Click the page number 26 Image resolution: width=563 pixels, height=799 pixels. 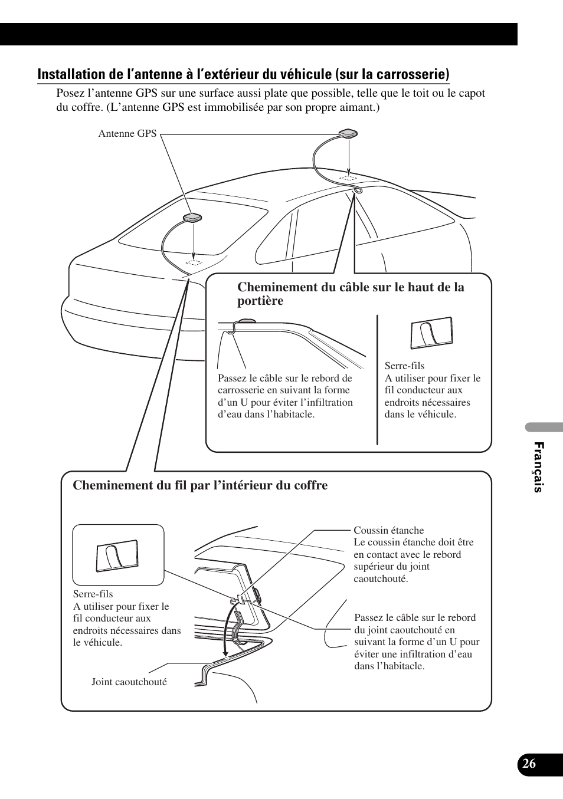pyautogui.click(x=529, y=763)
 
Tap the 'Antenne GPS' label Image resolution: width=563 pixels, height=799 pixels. pyautogui.click(x=127, y=134)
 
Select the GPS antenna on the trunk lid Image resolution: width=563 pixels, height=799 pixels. pyautogui.click(x=194, y=218)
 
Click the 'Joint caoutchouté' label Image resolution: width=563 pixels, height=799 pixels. pyautogui.click(x=129, y=682)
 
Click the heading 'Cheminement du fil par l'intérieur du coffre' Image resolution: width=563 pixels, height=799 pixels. pyautogui.click(x=200, y=485)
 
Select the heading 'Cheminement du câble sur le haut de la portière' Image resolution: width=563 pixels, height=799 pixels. pyautogui.click(x=351, y=294)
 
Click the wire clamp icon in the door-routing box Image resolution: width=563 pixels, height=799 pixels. pyautogui.click(x=431, y=334)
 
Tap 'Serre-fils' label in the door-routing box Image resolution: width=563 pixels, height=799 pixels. pyautogui.click(x=404, y=366)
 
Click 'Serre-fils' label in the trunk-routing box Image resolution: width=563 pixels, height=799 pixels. pyautogui.click(x=93, y=594)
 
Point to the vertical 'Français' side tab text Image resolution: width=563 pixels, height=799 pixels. pyautogui.click(x=538, y=467)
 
